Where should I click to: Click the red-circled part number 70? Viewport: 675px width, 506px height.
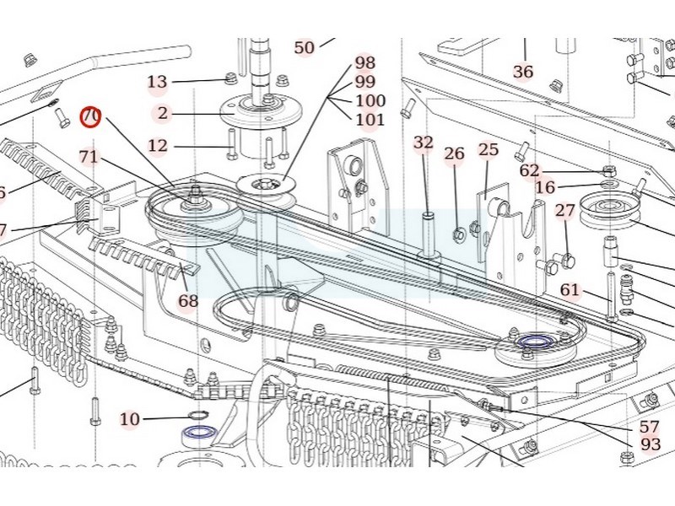(90, 116)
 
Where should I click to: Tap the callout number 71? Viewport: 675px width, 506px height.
(89, 156)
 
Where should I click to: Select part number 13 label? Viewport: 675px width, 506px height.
(158, 82)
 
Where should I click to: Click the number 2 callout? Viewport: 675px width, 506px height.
(162, 113)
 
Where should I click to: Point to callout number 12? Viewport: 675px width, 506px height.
(158, 146)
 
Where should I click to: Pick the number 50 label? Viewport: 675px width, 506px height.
(304, 48)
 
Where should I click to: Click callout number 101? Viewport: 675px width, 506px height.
(370, 120)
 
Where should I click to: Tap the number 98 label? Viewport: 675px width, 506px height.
(365, 62)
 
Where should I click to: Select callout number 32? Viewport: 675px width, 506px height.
(424, 143)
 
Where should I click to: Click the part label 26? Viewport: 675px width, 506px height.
(455, 153)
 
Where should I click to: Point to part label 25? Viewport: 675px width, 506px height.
(489, 149)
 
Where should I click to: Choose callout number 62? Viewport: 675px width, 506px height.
(529, 170)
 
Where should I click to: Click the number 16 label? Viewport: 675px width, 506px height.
(546, 187)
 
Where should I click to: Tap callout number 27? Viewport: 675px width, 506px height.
(564, 210)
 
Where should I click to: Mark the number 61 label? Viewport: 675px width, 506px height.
(570, 290)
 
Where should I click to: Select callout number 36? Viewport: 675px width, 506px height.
(523, 72)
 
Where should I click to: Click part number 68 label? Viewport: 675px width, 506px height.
(187, 300)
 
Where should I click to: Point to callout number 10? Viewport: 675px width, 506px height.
(129, 419)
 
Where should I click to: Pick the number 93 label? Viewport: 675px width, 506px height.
(651, 444)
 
